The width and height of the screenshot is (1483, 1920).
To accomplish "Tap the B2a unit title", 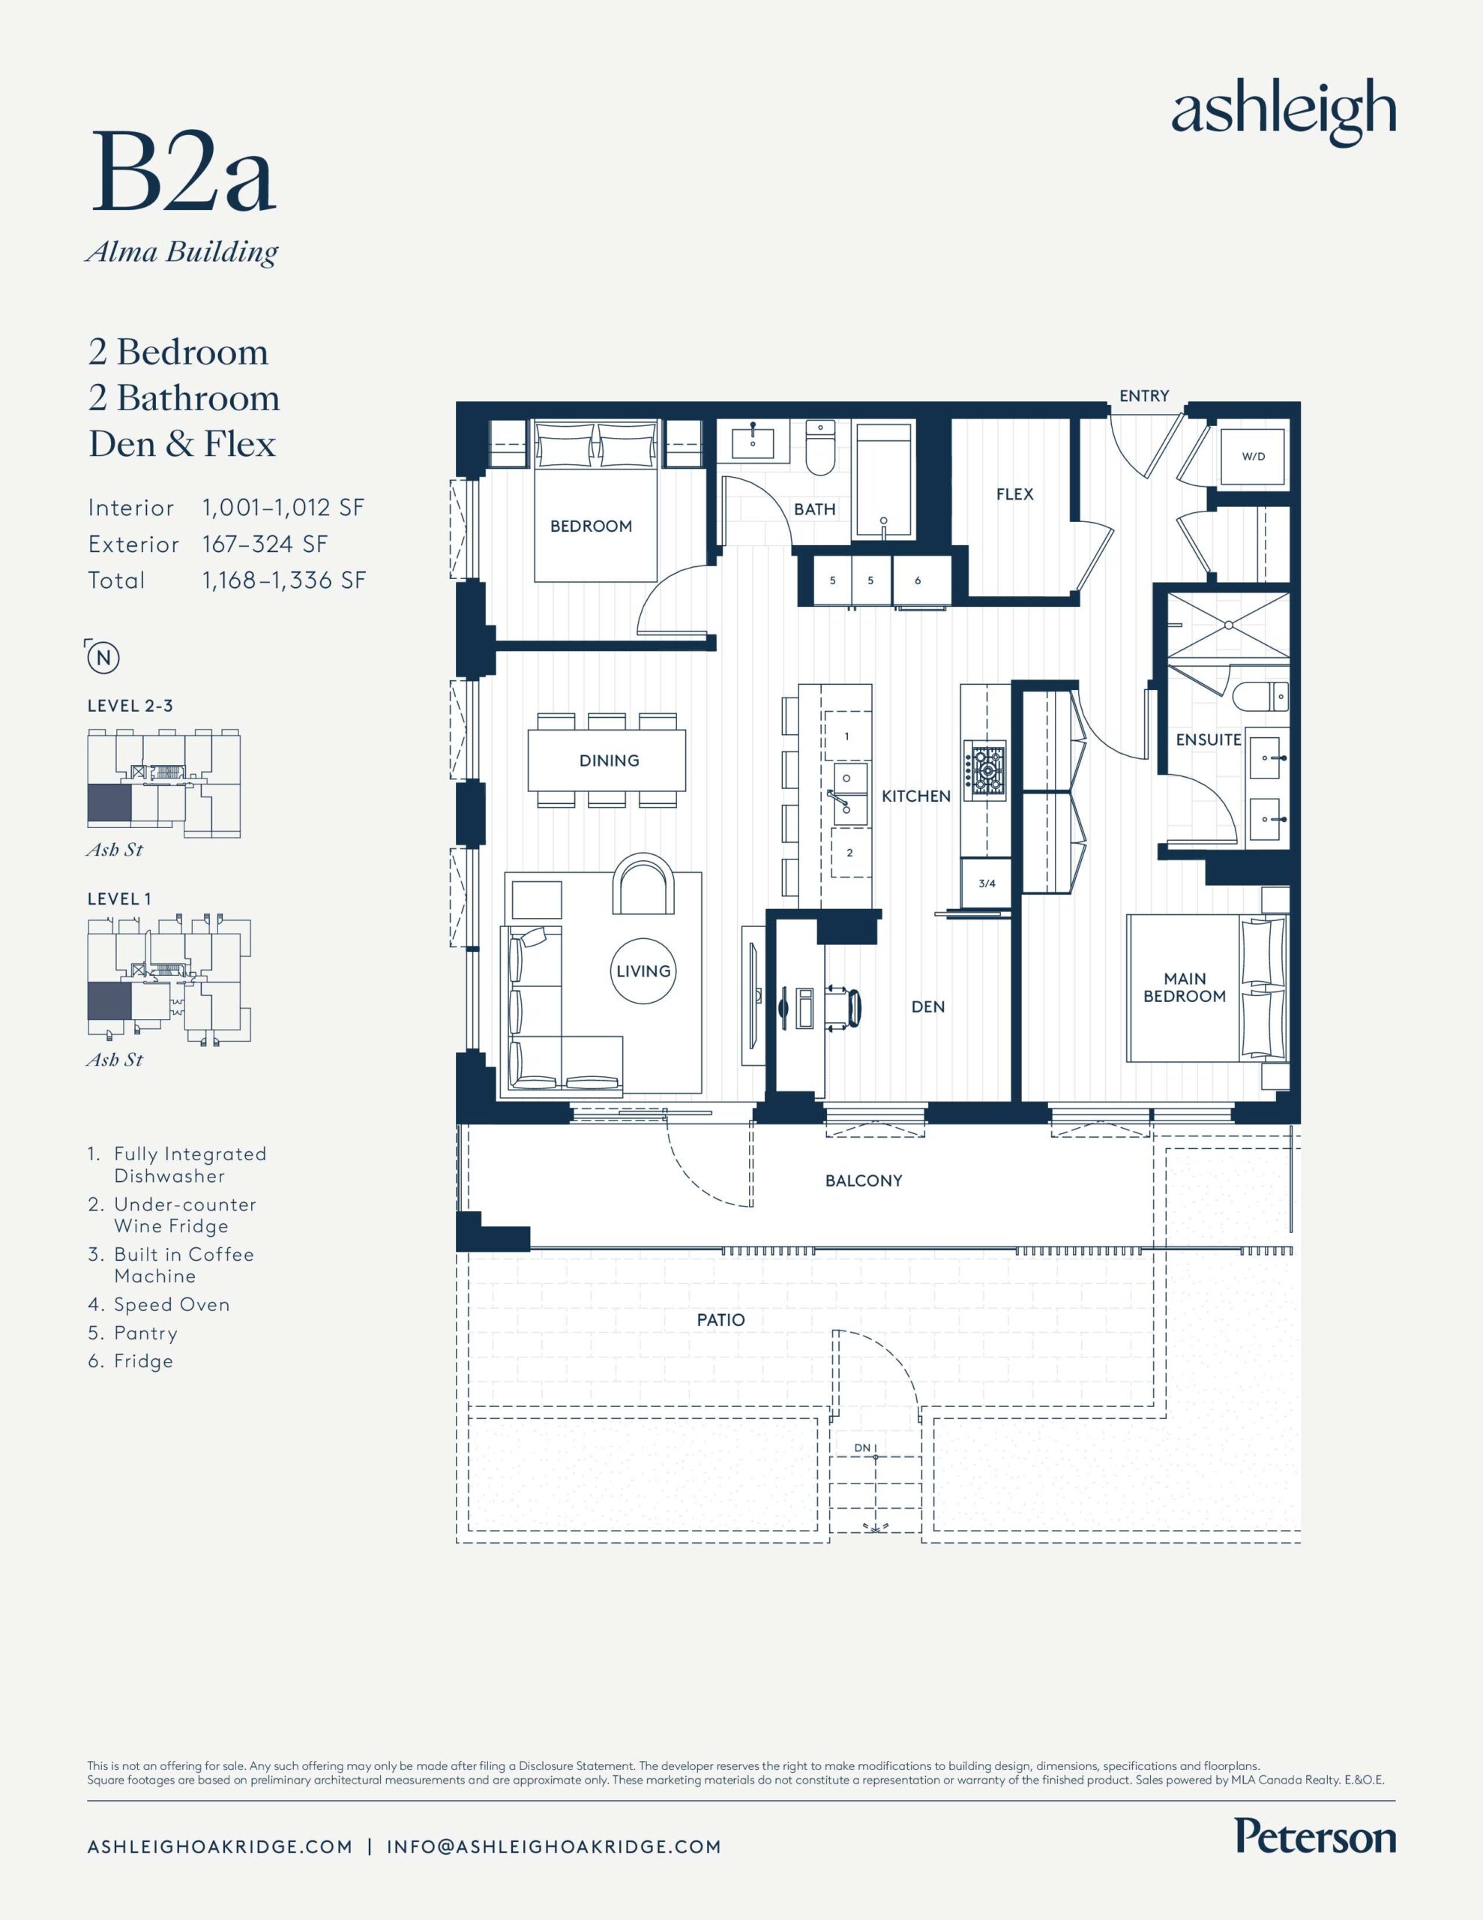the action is click(x=183, y=172).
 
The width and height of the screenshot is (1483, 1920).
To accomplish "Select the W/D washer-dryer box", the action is click(x=1254, y=456).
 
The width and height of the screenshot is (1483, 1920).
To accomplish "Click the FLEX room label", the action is click(x=1014, y=494).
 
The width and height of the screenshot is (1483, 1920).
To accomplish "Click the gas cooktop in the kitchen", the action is click(x=985, y=770).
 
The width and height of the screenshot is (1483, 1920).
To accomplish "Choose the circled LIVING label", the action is click(x=643, y=970).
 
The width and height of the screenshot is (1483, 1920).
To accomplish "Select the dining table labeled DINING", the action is click(x=608, y=760).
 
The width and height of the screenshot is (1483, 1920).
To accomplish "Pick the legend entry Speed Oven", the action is click(x=159, y=1304).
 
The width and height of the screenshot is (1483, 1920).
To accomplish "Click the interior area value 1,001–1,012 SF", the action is click(x=283, y=507).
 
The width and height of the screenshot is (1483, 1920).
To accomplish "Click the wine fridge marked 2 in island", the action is click(x=849, y=852).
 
